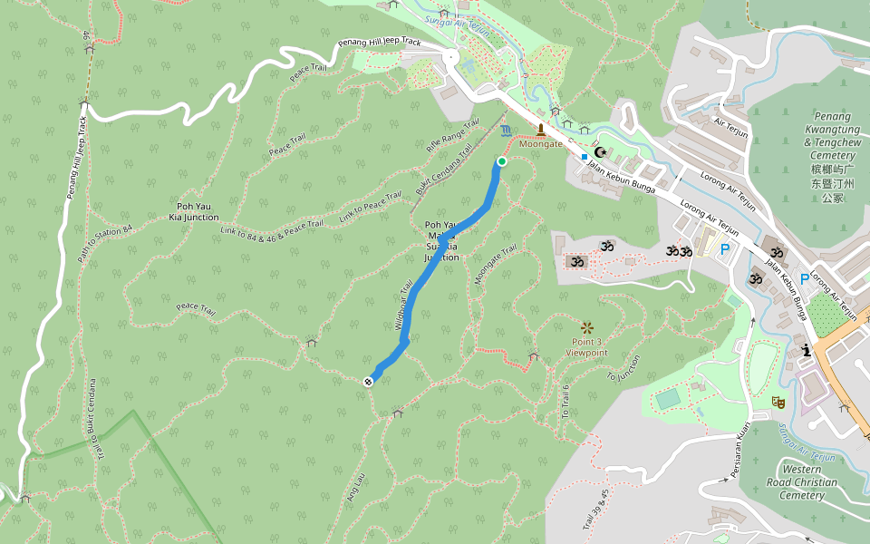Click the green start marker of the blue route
coord(501,161)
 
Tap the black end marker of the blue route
coord(368,381)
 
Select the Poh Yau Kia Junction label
coord(193,212)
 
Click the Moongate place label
coord(541,144)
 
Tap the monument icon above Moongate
coord(542,130)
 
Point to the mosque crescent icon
coord(599,152)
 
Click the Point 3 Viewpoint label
coord(586,346)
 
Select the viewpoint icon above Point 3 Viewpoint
coord(586,327)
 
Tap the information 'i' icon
coord(805,350)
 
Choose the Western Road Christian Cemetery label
coord(802,482)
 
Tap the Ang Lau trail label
coord(354,488)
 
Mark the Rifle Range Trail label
coord(451,135)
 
